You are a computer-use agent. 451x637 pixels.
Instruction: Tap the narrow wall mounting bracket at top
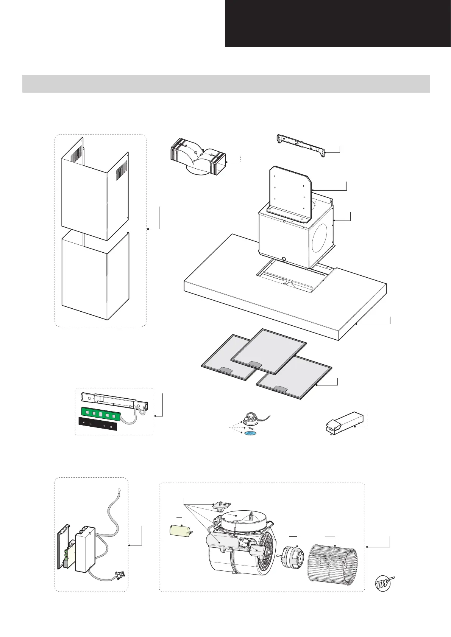(301, 144)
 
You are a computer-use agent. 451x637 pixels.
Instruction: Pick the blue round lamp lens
(250, 432)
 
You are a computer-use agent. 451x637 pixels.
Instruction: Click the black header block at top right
(338, 23)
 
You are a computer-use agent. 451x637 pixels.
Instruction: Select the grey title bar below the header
(226, 84)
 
